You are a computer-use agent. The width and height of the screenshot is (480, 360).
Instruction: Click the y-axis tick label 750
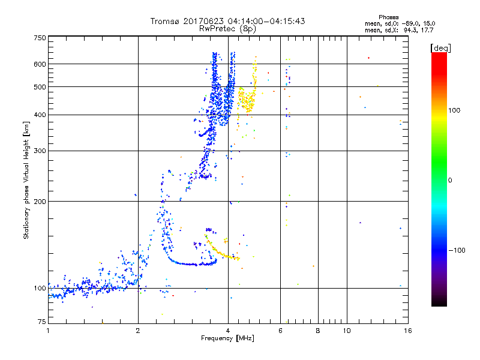pyautogui.click(x=40, y=38)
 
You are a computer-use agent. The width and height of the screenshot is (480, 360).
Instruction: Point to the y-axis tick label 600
pyautogui.click(x=40, y=64)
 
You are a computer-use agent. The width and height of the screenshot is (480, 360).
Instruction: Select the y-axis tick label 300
pyautogui.click(x=40, y=151)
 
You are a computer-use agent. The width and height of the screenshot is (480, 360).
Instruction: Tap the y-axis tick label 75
pyautogui.click(x=41, y=323)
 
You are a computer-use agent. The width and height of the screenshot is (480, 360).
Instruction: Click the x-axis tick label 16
pyautogui.click(x=407, y=331)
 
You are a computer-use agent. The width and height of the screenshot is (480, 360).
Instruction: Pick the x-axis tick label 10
pyautogui.click(x=347, y=331)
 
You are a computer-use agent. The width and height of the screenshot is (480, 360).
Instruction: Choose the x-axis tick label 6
pyautogui.click(x=280, y=331)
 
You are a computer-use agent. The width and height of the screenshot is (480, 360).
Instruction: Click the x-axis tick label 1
pyautogui.click(x=48, y=331)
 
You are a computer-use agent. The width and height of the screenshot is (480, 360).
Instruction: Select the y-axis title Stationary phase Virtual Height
pyautogui.click(x=26, y=180)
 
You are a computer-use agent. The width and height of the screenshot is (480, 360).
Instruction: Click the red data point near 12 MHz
pyautogui.click(x=368, y=58)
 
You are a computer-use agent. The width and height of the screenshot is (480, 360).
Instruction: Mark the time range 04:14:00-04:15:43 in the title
pyautogui.click(x=265, y=21)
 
